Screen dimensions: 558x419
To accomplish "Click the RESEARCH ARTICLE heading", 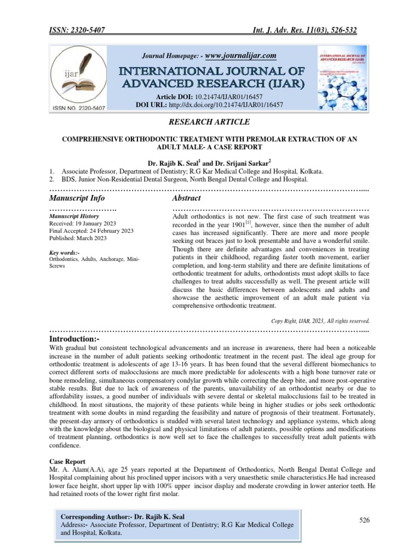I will tap(209, 122).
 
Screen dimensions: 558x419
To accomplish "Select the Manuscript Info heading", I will tap(77, 198).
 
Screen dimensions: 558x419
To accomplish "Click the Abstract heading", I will tap(187, 198).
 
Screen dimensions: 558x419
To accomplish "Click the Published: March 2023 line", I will tap(78, 238).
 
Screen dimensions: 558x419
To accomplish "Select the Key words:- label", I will tap(64, 252).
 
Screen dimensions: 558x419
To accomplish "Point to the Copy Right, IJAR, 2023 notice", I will tap(320, 320).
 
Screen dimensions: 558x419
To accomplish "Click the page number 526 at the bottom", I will tap(364, 520).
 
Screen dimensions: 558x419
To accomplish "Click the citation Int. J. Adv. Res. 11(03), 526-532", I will tap(309, 31).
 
